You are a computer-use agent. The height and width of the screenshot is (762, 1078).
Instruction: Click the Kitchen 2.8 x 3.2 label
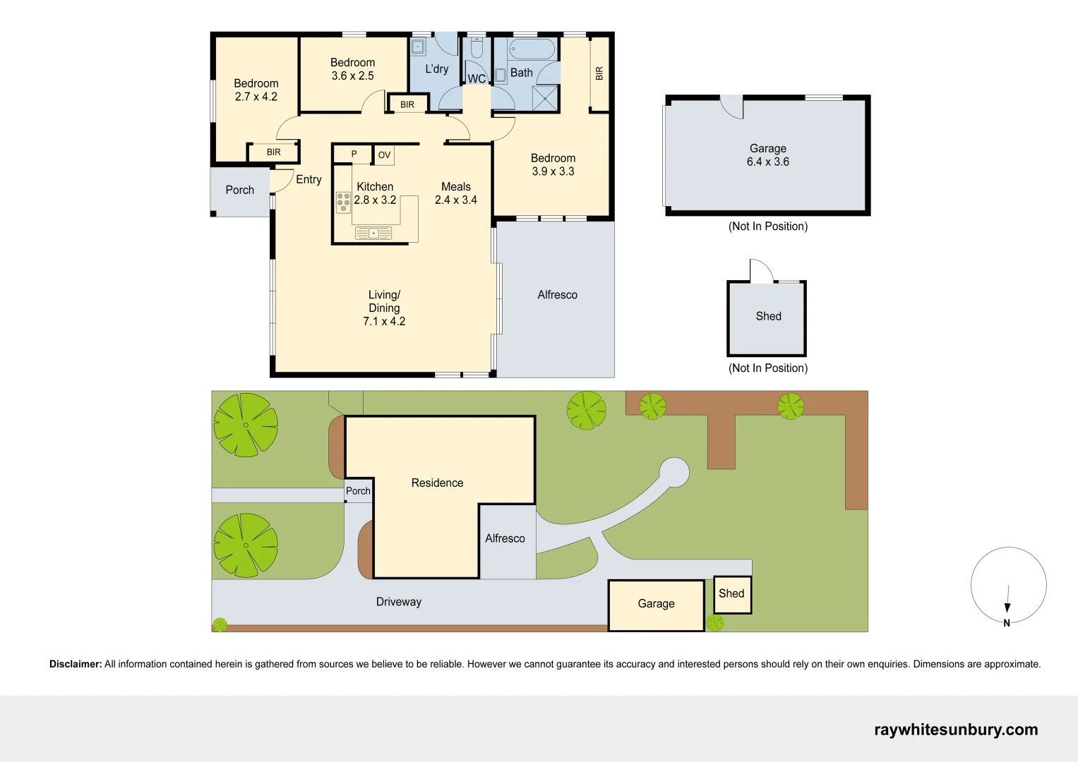[x=375, y=193]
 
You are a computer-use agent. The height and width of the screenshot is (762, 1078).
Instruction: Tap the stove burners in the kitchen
[x=343, y=202]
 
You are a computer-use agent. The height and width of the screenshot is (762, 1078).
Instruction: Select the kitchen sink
[x=373, y=233]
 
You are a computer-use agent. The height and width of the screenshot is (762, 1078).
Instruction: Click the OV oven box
[x=384, y=155]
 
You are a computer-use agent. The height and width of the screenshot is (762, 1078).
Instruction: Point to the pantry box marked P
[x=354, y=154]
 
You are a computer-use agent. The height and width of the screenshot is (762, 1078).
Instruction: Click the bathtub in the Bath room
[x=533, y=49]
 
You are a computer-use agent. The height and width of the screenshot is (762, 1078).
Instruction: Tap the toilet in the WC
[x=477, y=49]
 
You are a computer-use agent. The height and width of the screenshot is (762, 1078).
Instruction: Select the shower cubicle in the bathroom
[x=545, y=98]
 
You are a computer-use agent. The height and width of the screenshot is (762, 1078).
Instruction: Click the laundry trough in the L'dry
[x=418, y=47]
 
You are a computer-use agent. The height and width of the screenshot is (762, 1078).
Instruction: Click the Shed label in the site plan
[x=731, y=593]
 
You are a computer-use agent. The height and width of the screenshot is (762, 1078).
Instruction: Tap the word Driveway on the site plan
[x=398, y=602]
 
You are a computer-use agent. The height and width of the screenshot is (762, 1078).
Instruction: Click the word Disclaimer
[x=76, y=664]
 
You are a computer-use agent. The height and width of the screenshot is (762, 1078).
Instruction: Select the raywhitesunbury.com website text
[x=956, y=730]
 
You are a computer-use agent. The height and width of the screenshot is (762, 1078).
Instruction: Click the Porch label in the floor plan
[x=239, y=190]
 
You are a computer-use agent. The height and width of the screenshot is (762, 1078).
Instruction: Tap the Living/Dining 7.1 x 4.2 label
[x=384, y=308]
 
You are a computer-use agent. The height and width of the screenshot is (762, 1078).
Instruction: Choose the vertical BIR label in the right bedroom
[x=599, y=73]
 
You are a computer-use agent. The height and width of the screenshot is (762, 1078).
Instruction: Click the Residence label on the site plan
[x=437, y=483]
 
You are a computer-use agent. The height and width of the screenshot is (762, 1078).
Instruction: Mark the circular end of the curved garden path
[x=674, y=472]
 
